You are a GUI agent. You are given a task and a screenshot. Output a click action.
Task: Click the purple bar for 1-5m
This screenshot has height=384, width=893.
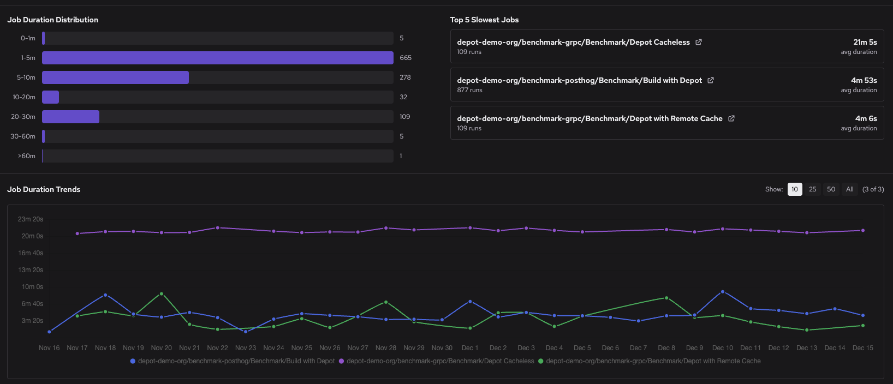[217, 58]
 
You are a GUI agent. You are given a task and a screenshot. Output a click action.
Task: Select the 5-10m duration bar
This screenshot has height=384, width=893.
[115, 77]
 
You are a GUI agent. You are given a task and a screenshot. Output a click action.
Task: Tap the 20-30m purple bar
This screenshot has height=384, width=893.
[70, 117]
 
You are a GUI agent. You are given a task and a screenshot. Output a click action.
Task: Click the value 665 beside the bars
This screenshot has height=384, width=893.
[406, 58]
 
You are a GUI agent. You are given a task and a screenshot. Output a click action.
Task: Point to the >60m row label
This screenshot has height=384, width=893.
[27, 156]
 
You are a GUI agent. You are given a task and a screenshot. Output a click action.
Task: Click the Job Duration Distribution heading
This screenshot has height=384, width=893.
[52, 20]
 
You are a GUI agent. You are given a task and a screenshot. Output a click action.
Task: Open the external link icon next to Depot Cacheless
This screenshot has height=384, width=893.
[699, 42]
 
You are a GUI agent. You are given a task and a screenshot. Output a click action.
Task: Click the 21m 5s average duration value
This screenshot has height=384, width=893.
[865, 42]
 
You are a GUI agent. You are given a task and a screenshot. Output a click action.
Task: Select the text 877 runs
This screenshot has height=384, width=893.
[469, 90]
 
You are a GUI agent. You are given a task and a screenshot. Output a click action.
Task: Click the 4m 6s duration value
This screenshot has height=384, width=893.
[866, 118]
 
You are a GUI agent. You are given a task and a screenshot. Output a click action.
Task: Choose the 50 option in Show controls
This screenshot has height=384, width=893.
[831, 189]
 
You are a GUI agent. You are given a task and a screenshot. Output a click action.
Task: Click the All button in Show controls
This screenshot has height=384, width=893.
[849, 189]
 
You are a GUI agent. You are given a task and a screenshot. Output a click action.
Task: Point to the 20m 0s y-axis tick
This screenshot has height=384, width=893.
[32, 236]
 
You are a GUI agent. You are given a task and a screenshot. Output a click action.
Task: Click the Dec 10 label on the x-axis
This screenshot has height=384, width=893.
[722, 348]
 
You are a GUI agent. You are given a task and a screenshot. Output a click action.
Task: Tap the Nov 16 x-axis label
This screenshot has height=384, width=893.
[49, 348]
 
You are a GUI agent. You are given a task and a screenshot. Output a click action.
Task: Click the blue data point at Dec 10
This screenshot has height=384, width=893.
[723, 292]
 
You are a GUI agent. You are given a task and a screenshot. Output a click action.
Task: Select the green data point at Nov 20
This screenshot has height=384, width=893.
[162, 294]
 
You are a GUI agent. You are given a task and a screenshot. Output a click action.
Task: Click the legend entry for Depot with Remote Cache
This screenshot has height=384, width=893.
[652, 361]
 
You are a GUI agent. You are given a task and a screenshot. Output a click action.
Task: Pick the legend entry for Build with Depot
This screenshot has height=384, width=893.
[236, 361]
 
